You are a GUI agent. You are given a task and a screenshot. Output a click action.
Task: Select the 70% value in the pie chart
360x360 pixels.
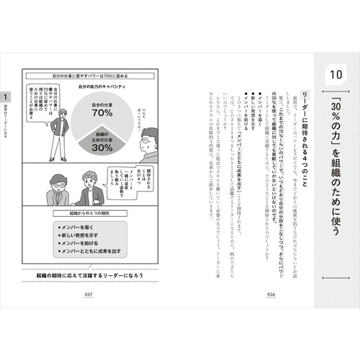click(x=102, y=114)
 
